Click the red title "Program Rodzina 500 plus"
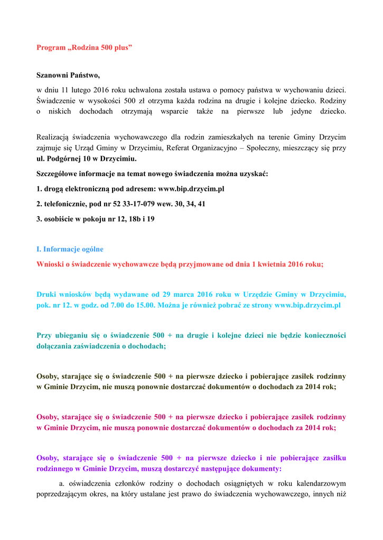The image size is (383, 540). point(83,48)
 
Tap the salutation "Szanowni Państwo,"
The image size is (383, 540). point(68,75)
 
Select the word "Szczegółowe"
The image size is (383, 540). point(58,173)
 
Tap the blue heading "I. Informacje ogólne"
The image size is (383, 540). point(70,249)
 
